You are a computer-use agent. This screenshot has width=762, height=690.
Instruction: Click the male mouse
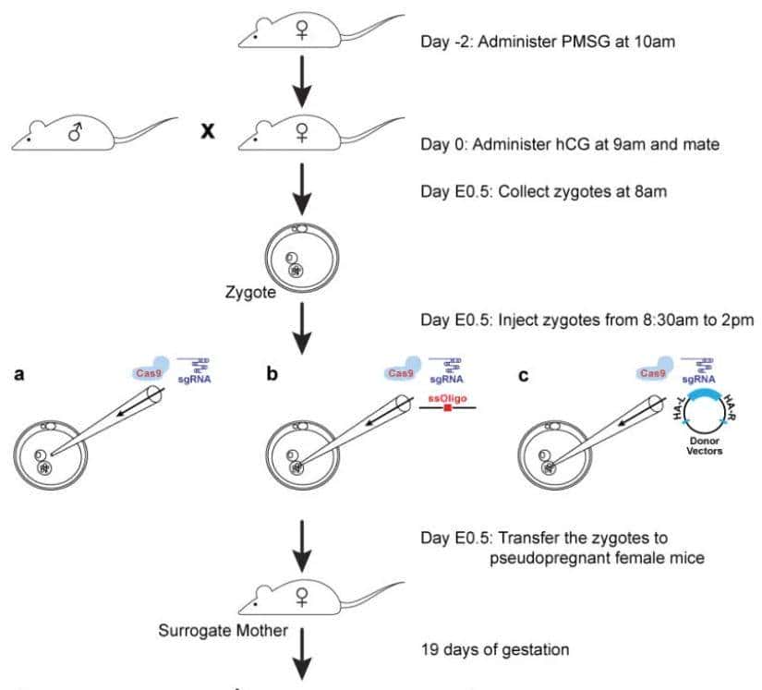[x=74, y=137]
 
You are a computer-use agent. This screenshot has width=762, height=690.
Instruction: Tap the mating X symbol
[x=208, y=132]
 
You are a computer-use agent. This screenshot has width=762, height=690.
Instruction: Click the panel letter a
[x=16, y=377]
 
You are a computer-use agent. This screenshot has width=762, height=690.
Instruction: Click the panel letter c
[x=523, y=377]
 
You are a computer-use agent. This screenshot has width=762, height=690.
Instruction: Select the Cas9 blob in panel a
[x=146, y=372]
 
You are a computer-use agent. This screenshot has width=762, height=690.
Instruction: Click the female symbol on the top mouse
[x=301, y=29]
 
